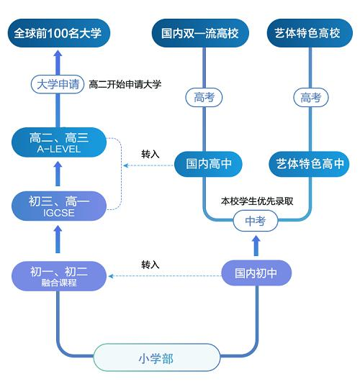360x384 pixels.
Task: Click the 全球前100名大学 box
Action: point(59,33)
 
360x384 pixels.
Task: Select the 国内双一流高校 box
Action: point(200,33)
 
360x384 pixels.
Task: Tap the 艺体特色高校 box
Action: point(310,33)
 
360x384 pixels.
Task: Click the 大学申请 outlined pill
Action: point(58,84)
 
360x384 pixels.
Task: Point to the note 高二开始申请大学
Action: point(125,84)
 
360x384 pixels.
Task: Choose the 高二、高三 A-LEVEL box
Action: point(59,142)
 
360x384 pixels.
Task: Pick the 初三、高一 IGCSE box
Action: point(59,206)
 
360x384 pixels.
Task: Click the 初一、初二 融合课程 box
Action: point(59,276)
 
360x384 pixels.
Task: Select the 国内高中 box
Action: point(208,164)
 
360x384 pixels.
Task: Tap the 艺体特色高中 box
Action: point(310,164)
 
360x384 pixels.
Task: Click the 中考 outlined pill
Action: point(256,221)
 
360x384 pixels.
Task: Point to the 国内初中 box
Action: point(256,273)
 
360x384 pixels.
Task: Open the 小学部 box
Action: point(156,359)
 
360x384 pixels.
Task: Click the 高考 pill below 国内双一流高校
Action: point(204,98)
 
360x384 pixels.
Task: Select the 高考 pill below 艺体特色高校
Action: point(311,98)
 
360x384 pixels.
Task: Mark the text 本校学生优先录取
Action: point(257,201)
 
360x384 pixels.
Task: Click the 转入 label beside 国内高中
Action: point(150,154)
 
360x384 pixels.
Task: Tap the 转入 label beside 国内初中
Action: point(150,265)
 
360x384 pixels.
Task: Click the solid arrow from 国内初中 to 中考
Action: point(256,246)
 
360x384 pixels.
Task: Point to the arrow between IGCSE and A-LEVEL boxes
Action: point(58,173)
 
